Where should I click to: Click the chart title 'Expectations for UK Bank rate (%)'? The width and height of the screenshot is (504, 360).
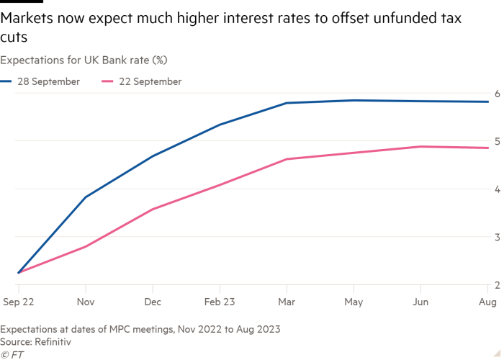[x=84, y=59]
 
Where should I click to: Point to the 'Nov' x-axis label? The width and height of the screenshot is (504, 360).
[x=86, y=303]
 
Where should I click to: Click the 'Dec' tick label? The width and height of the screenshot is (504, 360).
[x=153, y=303]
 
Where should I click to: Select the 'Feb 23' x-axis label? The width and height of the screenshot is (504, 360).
[x=220, y=303]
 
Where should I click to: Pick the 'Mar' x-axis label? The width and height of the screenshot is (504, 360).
[x=287, y=303]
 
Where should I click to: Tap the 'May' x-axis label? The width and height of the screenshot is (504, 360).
[x=353, y=303]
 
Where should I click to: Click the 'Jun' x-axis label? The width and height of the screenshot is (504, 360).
[x=421, y=303]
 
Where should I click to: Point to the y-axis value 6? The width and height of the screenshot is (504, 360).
[x=496, y=93]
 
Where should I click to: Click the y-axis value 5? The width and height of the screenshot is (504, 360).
[x=496, y=141]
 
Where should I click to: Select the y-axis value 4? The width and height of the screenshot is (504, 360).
[x=496, y=189]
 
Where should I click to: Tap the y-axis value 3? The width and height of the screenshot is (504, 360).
[x=496, y=237]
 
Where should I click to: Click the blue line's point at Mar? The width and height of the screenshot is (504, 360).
[x=287, y=103]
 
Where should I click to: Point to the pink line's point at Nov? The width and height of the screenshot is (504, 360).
[x=86, y=247]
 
